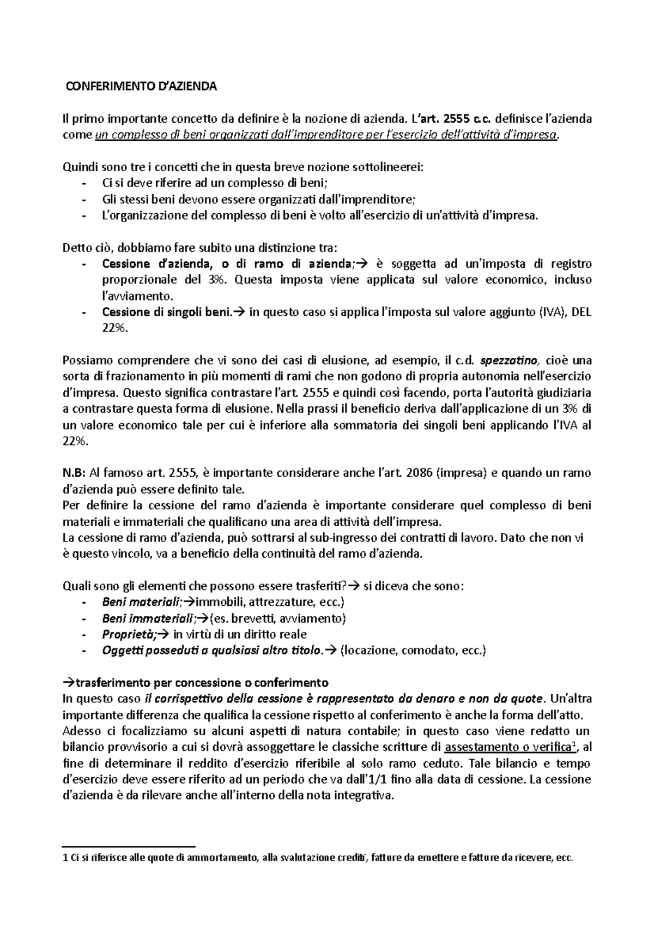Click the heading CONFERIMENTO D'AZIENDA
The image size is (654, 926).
141,87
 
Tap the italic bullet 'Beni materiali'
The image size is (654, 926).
141,603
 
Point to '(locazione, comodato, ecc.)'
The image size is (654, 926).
413,651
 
